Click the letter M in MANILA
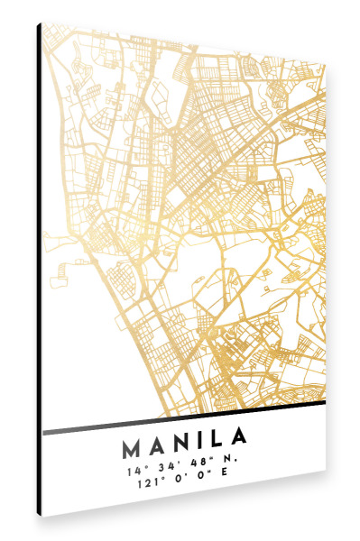pyautogui.click(x=131, y=447)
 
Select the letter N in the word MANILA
pyautogui.click(x=183, y=445)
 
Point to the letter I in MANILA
pyautogui.click(x=202, y=443)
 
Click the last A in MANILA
pyautogui.click(x=239, y=438)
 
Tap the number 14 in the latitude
pyautogui.click(x=134, y=471)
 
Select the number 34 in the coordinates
pyautogui.click(x=164, y=467)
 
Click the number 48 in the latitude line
pyautogui.click(x=197, y=463)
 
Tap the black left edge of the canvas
pyautogui.click(x=40, y=270)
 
